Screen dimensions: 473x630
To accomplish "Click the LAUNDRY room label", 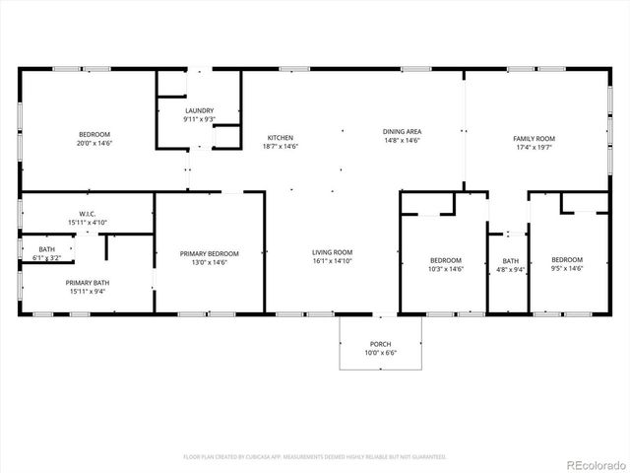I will click(199, 111).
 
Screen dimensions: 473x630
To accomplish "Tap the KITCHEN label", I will click(281, 138).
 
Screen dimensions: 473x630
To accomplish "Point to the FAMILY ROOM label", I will click(534, 139).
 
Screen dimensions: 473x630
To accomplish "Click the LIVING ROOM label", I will click(333, 252).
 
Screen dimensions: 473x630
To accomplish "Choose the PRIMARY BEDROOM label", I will click(210, 253).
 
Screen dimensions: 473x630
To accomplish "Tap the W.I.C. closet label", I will click(87, 214).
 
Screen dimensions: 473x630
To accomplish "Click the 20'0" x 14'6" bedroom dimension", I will click(95, 144).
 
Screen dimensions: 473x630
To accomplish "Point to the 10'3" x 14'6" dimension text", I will click(446, 269).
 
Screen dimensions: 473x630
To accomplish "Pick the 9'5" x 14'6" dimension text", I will click(566, 269).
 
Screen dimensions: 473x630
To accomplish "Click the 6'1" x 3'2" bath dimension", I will click(47, 258).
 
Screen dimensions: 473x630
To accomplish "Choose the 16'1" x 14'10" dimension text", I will click(333, 260).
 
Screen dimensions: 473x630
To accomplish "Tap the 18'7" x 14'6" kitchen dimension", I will click(281, 146).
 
